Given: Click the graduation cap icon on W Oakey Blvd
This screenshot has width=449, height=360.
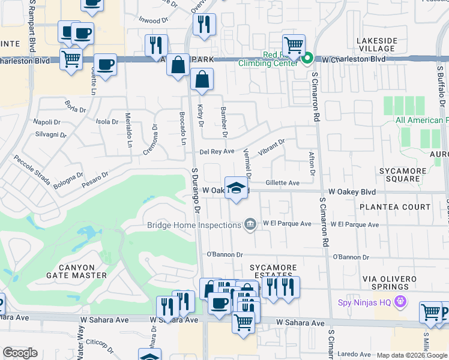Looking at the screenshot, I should (237, 188).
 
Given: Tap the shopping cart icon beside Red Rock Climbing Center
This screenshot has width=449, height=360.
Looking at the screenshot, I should (294, 45).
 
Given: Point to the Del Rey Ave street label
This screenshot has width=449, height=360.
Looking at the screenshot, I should (217, 152).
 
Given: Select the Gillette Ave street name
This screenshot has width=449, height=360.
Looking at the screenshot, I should (282, 183).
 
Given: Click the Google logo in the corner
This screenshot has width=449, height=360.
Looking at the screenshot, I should (20, 353).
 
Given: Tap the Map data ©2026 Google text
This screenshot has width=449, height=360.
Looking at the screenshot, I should (412, 355).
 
